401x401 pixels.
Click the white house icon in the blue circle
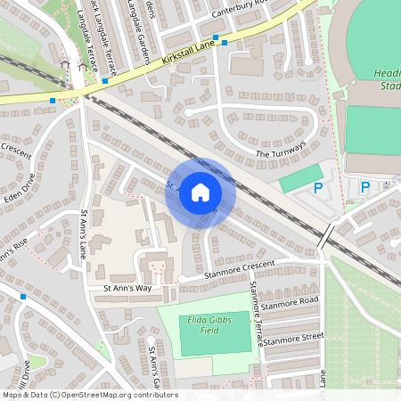[200, 192]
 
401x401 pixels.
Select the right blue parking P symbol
[364, 187]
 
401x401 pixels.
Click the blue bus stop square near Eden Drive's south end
[22, 296]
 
